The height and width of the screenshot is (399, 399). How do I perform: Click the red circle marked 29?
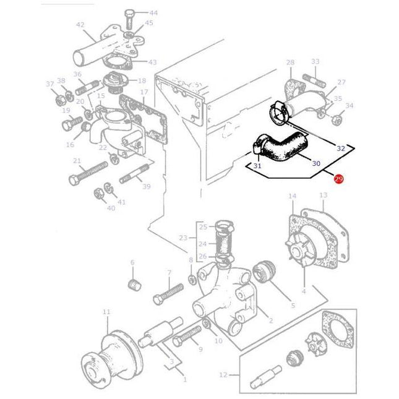338,179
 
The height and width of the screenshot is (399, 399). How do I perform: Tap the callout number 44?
153,13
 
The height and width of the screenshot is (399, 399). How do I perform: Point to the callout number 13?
323,196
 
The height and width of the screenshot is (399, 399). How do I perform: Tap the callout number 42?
80,25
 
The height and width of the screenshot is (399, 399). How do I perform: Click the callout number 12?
223,374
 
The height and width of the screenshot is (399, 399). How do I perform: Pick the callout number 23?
182,237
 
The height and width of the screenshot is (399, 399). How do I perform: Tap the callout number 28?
290,62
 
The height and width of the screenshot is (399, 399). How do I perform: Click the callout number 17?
143,93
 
